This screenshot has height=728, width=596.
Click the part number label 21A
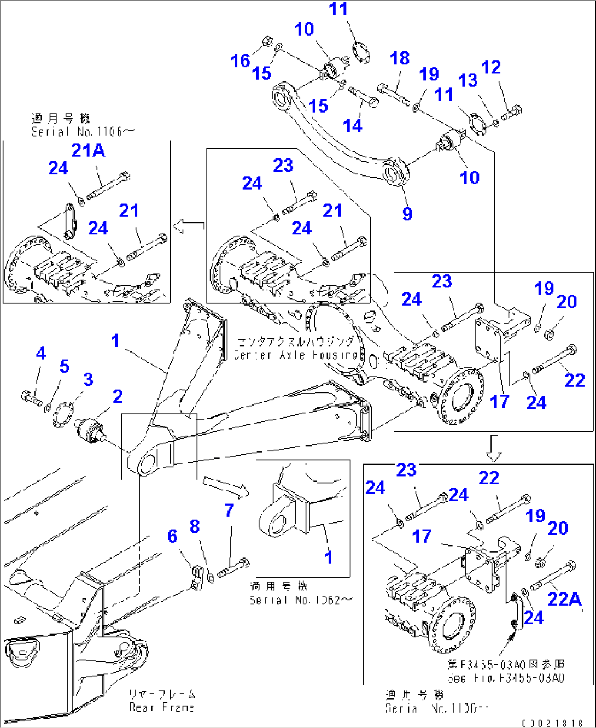click(x=88, y=150)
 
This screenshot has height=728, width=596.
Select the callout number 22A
click(x=564, y=599)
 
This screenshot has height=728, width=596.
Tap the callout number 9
click(x=407, y=214)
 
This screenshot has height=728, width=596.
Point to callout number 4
click(x=41, y=353)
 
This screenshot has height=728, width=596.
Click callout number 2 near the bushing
click(x=118, y=396)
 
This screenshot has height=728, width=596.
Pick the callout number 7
click(x=229, y=510)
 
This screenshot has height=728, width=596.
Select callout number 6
click(x=173, y=536)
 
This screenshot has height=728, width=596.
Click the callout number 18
click(x=400, y=58)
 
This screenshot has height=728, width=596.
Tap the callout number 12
click(x=491, y=67)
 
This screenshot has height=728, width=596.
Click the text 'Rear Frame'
click(x=162, y=707)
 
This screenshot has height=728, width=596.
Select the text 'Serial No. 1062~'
click(x=301, y=600)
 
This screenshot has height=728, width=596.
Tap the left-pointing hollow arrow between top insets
click(x=189, y=225)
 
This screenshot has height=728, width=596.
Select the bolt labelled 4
click(x=32, y=397)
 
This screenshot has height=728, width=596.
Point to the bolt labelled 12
click(x=510, y=113)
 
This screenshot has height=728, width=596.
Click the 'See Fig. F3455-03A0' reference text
click(x=506, y=678)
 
